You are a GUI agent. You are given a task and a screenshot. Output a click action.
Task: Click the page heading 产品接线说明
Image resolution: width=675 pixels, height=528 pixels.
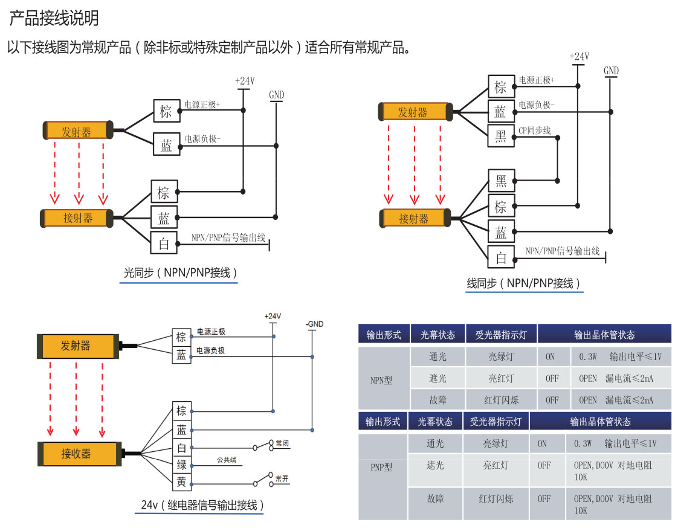pyautogui.click(x=54, y=19)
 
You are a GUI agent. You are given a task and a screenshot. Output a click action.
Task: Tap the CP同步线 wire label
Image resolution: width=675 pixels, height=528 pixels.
pyautogui.click(x=535, y=130)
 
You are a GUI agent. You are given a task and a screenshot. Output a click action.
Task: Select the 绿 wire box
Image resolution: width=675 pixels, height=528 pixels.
pyautogui.click(x=181, y=465)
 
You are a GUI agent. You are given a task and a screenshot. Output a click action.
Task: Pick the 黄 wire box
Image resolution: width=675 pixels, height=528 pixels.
pyautogui.click(x=181, y=482)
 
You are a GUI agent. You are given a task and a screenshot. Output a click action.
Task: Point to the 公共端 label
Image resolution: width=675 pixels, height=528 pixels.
pyautogui.click(x=227, y=460)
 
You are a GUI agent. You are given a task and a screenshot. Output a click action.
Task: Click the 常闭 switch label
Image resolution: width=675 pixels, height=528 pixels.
pyautogui.click(x=282, y=443)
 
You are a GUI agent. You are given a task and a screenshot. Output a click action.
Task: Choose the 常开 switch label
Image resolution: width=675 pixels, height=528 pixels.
pyautogui.click(x=282, y=479)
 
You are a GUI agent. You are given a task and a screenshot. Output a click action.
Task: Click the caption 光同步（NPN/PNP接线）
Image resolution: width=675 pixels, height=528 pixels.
pyautogui.click(x=179, y=273)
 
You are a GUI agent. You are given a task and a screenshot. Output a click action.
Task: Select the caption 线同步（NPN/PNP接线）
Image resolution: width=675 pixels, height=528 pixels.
pyautogui.click(x=524, y=283)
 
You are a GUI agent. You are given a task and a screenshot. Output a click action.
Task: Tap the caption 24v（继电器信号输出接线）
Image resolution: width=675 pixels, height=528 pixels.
pyautogui.click(x=199, y=505)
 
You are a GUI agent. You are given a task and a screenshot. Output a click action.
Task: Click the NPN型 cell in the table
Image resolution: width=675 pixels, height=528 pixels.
pyautogui.click(x=381, y=381)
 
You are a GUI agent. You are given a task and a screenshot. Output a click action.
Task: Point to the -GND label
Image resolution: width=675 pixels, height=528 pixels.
pyautogui.click(x=314, y=324)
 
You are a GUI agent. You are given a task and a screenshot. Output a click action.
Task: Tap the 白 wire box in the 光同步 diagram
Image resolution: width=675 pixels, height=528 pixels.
pyautogui.click(x=164, y=244)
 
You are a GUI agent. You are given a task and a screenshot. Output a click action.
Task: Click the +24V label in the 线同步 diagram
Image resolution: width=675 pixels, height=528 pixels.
pyautogui.click(x=579, y=57)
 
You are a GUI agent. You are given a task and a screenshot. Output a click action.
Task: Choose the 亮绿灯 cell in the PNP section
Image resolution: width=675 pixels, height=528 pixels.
pyautogui.click(x=496, y=444)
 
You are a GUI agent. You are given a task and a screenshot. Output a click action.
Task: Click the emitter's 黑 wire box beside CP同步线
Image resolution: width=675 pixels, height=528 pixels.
pyautogui.click(x=501, y=137)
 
